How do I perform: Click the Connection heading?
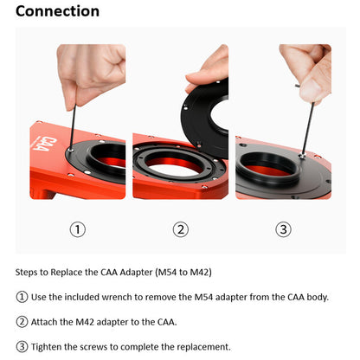point(57,12)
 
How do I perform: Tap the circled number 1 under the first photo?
point(78,229)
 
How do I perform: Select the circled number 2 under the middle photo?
point(180,229)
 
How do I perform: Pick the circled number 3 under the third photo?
point(283,229)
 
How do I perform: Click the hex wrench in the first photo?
point(68,121)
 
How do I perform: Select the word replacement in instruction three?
point(203,347)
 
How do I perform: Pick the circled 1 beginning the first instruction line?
point(22,298)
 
